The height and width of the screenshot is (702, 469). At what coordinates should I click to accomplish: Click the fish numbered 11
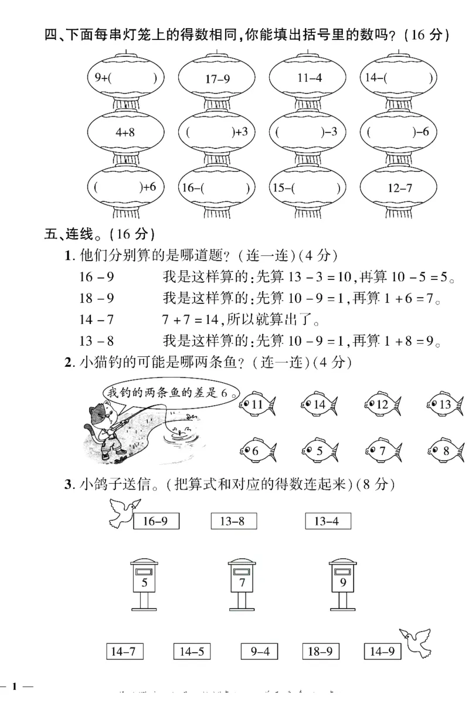coord(257,404)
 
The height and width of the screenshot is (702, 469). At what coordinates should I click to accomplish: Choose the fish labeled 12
coord(382,404)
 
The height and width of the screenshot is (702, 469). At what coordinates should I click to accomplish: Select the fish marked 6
coord(255,451)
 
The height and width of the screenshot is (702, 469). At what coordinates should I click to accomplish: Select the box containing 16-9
coord(156,521)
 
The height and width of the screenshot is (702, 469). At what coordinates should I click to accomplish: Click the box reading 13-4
coord(328,521)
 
